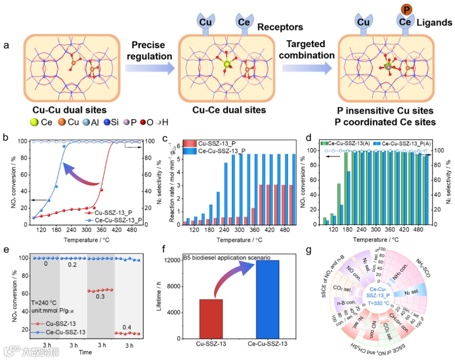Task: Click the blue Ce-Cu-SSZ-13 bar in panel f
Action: point(267,299)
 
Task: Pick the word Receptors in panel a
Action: point(280,27)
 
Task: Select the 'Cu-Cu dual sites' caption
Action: point(64,110)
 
